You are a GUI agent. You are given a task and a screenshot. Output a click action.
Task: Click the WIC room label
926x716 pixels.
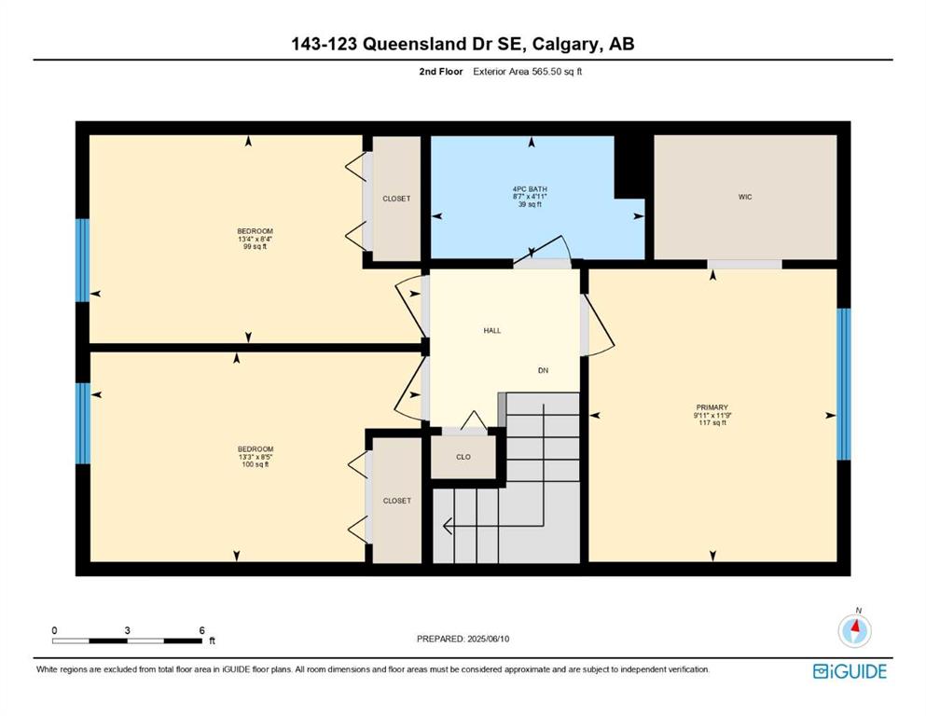(x=745, y=197)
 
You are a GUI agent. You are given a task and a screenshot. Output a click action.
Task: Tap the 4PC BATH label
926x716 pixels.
(x=530, y=189)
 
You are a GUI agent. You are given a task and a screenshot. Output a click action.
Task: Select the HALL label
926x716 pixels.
(x=492, y=331)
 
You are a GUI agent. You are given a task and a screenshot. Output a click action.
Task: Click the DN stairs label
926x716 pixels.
(x=543, y=371)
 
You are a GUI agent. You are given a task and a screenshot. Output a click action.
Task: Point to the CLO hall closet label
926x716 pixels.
(x=463, y=457)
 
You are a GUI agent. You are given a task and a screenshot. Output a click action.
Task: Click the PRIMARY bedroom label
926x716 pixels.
(x=712, y=407)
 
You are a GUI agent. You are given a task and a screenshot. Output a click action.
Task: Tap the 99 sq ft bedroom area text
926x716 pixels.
(x=256, y=247)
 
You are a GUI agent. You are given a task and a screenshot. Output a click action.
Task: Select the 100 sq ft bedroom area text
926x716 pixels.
(x=256, y=464)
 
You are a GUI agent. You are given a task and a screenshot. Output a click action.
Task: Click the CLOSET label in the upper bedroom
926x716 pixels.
(x=396, y=199)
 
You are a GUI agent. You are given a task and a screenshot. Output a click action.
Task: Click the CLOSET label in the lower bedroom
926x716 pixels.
(x=397, y=501)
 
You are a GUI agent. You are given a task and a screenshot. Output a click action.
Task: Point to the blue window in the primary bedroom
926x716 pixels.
(x=844, y=384)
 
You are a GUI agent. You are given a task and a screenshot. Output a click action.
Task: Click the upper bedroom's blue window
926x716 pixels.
(x=83, y=260)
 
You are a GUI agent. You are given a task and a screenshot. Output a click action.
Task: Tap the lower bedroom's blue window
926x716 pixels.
(x=83, y=423)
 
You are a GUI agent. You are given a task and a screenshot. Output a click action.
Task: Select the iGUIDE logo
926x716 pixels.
(x=850, y=672)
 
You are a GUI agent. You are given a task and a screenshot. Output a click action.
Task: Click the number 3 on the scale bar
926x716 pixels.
(x=127, y=630)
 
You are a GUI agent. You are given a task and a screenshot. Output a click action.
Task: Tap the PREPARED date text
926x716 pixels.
(x=463, y=639)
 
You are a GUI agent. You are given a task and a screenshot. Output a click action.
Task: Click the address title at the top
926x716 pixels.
(x=463, y=44)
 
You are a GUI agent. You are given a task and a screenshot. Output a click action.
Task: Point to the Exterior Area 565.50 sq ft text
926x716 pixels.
(x=528, y=72)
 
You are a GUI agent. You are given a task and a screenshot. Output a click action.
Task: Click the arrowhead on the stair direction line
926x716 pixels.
(x=447, y=525)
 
